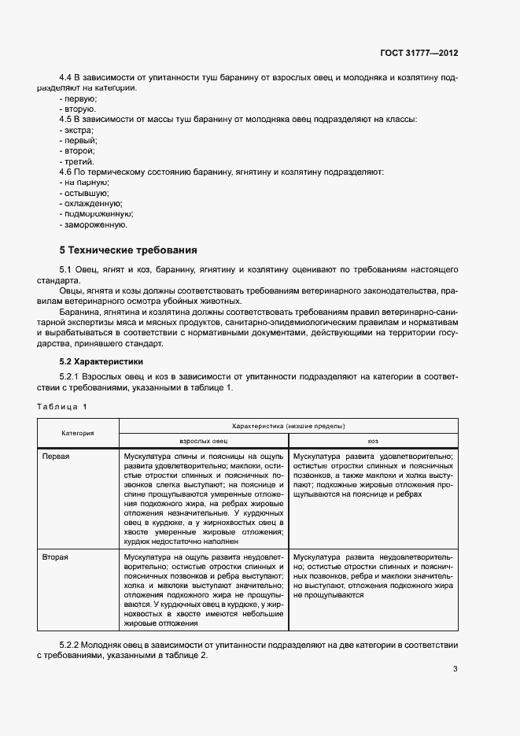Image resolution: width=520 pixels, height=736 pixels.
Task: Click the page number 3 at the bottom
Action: point(455,669)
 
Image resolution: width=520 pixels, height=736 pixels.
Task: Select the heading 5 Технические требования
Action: point(128,250)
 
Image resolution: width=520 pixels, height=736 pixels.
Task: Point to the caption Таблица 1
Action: point(62,406)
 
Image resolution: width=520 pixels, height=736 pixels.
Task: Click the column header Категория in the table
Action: point(78,433)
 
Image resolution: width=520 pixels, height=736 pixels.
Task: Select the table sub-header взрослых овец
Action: point(204,442)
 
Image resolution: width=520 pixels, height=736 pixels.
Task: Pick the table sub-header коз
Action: point(373,442)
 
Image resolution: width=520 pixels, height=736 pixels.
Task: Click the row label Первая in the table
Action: point(56,456)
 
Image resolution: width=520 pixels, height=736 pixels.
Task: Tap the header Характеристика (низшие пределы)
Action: point(288,426)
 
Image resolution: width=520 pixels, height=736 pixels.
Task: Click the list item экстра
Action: point(77,129)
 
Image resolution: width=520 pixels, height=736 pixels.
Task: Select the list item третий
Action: point(79,161)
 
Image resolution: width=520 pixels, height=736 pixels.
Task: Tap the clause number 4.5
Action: point(66,119)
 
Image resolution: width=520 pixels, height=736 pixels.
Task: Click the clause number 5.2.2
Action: point(71,645)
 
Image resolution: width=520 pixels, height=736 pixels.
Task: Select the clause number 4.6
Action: point(66,171)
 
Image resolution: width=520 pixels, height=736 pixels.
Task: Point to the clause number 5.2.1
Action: point(71,378)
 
